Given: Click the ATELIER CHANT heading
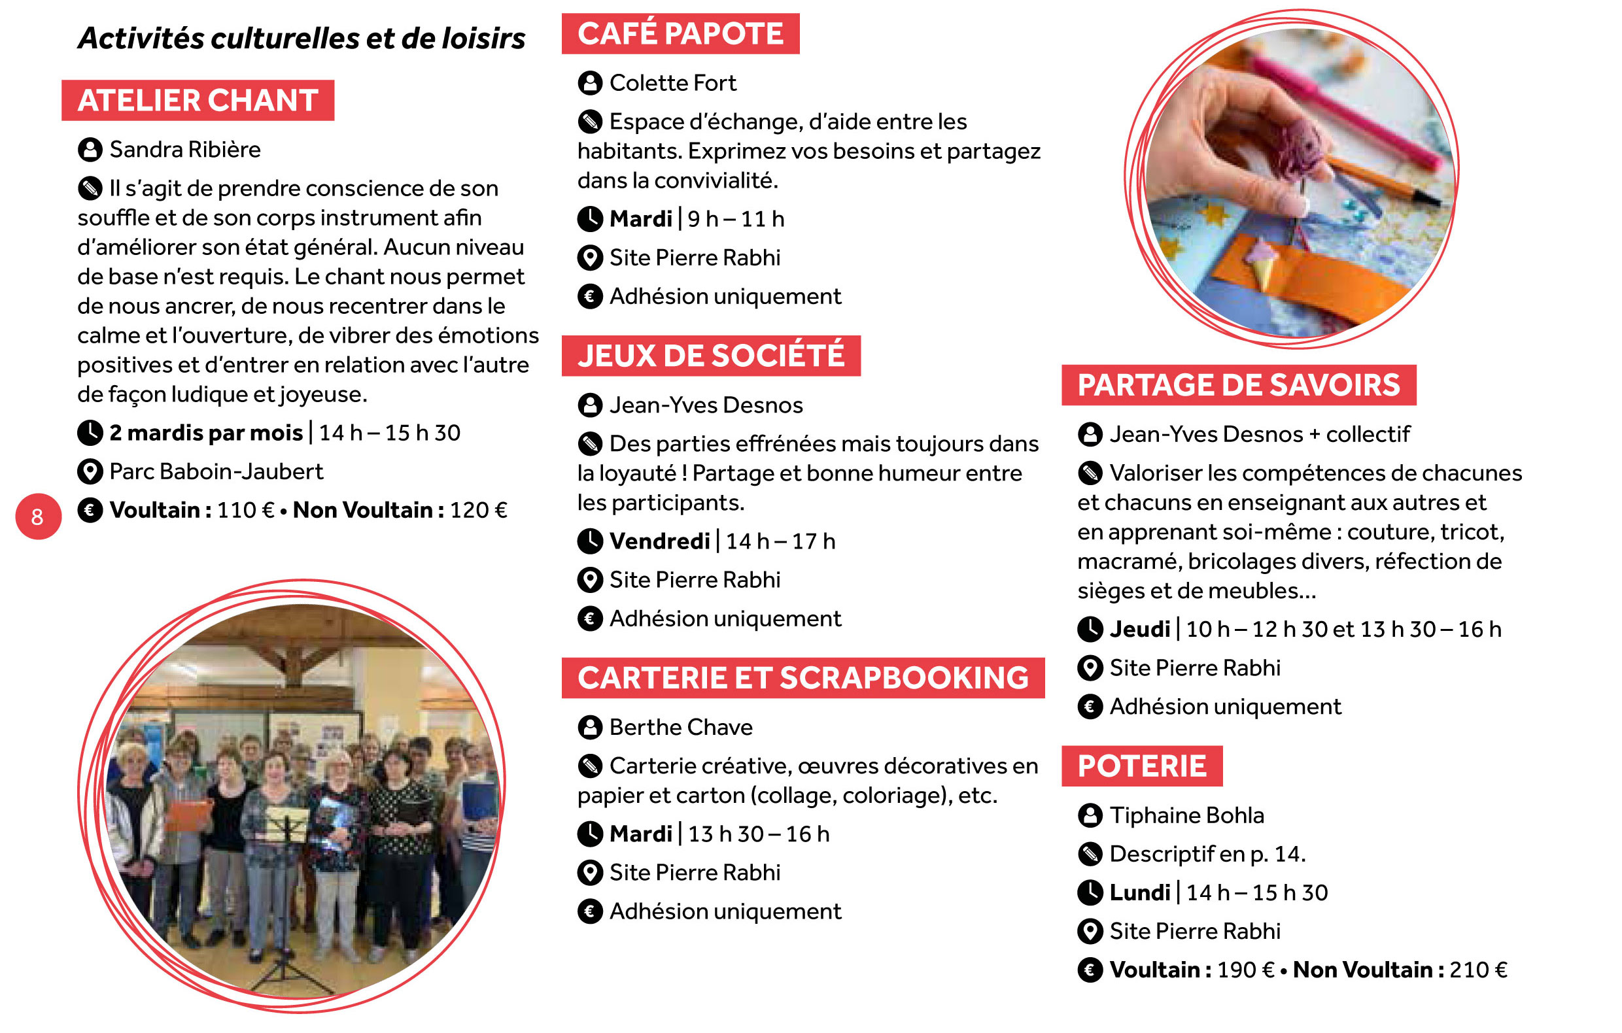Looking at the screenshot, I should pyautogui.click(x=198, y=100).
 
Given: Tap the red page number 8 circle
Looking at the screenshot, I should pyautogui.click(x=38, y=516).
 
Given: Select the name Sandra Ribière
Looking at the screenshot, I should pyautogui.click(x=184, y=150).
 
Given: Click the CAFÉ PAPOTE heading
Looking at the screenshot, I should pyautogui.click(x=680, y=33).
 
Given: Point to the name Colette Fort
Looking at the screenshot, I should pyautogui.click(x=672, y=83).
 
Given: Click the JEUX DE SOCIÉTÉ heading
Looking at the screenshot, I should pyautogui.click(x=711, y=356).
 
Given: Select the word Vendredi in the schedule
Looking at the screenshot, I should pyautogui.click(x=659, y=541).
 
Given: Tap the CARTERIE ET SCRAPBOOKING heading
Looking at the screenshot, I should pyautogui.click(x=803, y=677).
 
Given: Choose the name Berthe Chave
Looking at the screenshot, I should pyautogui.click(x=680, y=727).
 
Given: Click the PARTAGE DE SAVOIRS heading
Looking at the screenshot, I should pyautogui.click(x=1238, y=385).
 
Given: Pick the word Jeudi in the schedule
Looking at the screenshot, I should pyautogui.click(x=1140, y=629).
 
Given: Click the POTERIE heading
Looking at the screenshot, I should pyautogui.click(x=1142, y=766).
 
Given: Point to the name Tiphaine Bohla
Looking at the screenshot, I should pyautogui.click(x=1186, y=815).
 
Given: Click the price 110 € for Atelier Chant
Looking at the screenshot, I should pyautogui.click(x=245, y=510).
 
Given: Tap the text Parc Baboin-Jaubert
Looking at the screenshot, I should pyautogui.click(x=216, y=471).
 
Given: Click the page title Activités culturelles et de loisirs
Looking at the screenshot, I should pyautogui.click(x=301, y=39).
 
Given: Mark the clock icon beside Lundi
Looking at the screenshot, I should pyautogui.click(x=1090, y=892).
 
